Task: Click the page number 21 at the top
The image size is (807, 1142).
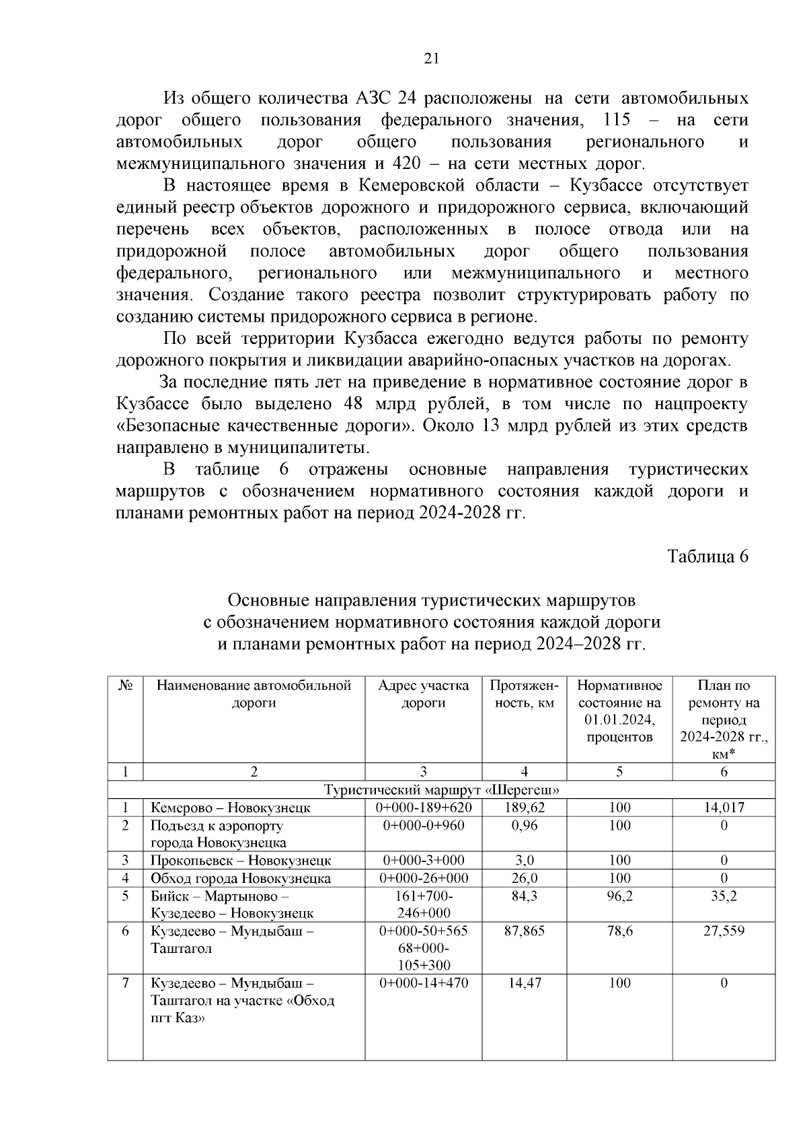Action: pyautogui.click(x=431, y=59)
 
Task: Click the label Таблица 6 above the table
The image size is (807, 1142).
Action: pyautogui.click(x=707, y=557)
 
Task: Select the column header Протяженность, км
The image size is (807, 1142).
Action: pyautogui.click(x=524, y=694)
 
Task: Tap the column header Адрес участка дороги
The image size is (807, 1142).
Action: pyautogui.click(x=423, y=694)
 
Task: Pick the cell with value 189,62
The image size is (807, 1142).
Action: pyautogui.click(x=524, y=808)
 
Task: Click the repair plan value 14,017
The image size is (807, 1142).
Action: pyautogui.click(x=724, y=808)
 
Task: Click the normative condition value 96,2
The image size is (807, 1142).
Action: pyautogui.click(x=619, y=896)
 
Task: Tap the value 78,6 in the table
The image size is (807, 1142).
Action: pyautogui.click(x=619, y=931)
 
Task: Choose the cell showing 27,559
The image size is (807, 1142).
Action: pyautogui.click(x=724, y=931)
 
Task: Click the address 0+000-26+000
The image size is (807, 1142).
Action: pyautogui.click(x=423, y=878)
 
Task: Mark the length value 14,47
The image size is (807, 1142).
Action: pyautogui.click(x=524, y=983)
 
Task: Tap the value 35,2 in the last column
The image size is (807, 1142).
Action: pyautogui.click(x=724, y=896)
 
